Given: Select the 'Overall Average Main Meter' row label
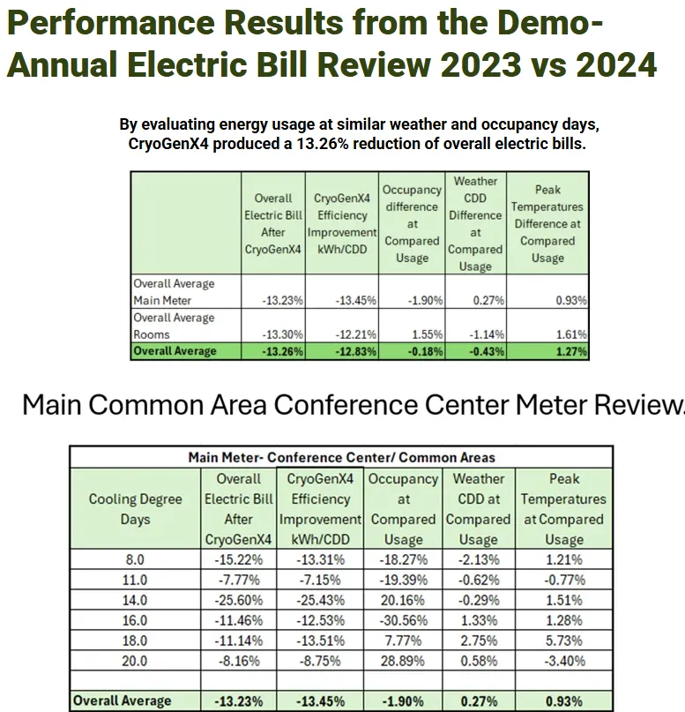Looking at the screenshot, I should point(174,292).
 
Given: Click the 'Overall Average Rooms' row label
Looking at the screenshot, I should point(174,326).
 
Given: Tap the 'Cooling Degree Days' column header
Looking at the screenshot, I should point(135,509).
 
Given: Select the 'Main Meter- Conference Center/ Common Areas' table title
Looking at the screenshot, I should point(341,457).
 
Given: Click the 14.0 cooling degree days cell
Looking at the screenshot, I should point(135,600).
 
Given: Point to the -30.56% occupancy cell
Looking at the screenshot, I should point(403,620).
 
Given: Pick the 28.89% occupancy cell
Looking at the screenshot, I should point(403,661).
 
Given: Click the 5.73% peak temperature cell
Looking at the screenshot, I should point(563,641).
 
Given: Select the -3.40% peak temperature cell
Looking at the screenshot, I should point(563,661).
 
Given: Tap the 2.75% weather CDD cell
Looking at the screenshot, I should point(478,641).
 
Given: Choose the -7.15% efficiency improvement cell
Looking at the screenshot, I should point(320,580).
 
